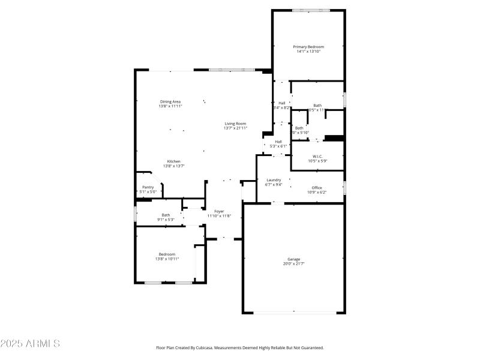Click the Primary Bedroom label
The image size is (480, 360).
click(x=308, y=47)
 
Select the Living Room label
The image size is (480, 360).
click(x=235, y=124)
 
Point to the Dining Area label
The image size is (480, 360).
click(x=170, y=101)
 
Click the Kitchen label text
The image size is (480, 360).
click(x=173, y=161)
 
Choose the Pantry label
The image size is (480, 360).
click(x=148, y=187)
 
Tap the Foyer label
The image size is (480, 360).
click(x=219, y=211)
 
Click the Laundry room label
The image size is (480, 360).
click(x=274, y=180)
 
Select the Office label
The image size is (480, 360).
click(x=317, y=188)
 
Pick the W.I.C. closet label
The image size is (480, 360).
click(x=317, y=156)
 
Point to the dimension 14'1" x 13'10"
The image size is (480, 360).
click(x=308, y=52)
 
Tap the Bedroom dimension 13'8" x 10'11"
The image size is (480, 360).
click(x=167, y=259)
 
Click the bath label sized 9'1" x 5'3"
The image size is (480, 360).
click(x=166, y=215)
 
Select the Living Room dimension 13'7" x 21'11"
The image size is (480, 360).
click(x=235, y=128)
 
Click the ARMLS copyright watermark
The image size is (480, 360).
click(x=30, y=344)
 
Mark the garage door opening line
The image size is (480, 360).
click(x=293, y=312)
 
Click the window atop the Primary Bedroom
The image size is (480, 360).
click(x=310, y=10)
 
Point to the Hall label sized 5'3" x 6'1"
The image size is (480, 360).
click(x=278, y=142)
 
